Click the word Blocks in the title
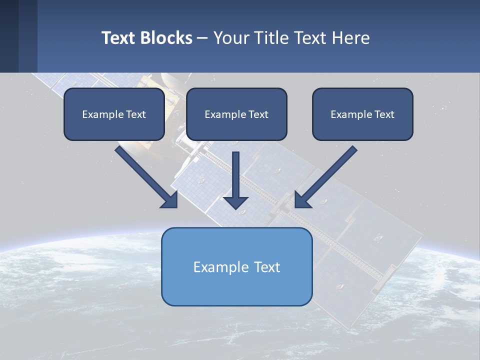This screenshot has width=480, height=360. pos(166,38)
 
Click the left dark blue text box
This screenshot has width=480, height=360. pos(114,127)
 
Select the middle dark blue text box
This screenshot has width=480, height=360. pos(236,127)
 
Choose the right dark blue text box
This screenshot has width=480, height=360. pos(362,127)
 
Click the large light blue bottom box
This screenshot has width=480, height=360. pos(236,287)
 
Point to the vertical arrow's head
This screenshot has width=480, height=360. pos(235,202)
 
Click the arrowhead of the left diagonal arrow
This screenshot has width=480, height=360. pos(170,200)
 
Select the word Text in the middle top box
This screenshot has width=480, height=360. pos(258,114)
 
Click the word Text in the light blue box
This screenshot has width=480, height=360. pos(267,267)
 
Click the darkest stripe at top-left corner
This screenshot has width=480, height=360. pos(9,36)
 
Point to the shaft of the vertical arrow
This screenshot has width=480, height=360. pos(235,172)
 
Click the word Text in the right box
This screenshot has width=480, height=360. pos(384,114)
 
